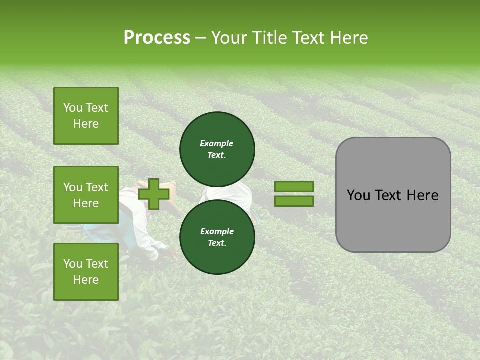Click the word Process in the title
pyautogui.click(x=157, y=38)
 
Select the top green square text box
pyautogui.click(x=86, y=116)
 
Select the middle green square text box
pyautogui.click(x=86, y=195)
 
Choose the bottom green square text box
pyautogui.click(x=86, y=272)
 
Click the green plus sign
pyautogui.click(x=153, y=194)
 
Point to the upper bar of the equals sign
pyautogui.click(x=294, y=187)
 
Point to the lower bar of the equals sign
pyautogui.click(x=294, y=201)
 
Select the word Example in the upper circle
pyautogui.click(x=217, y=144)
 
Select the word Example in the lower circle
pyautogui.click(x=217, y=232)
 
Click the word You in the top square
pyautogui.click(x=73, y=108)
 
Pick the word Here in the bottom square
pyautogui.click(x=86, y=280)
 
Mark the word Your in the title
pyautogui.click(x=230, y=38)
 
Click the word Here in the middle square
pyautogui.click(x=86, y=203)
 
